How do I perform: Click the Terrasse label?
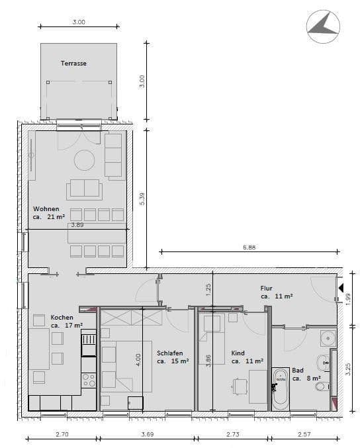coord(73,64)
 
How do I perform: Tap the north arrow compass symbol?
coord(323,25)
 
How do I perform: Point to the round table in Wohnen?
coord(84,160)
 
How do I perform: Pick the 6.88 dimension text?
coord(249,247)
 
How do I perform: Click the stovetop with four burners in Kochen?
coord(89,380)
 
